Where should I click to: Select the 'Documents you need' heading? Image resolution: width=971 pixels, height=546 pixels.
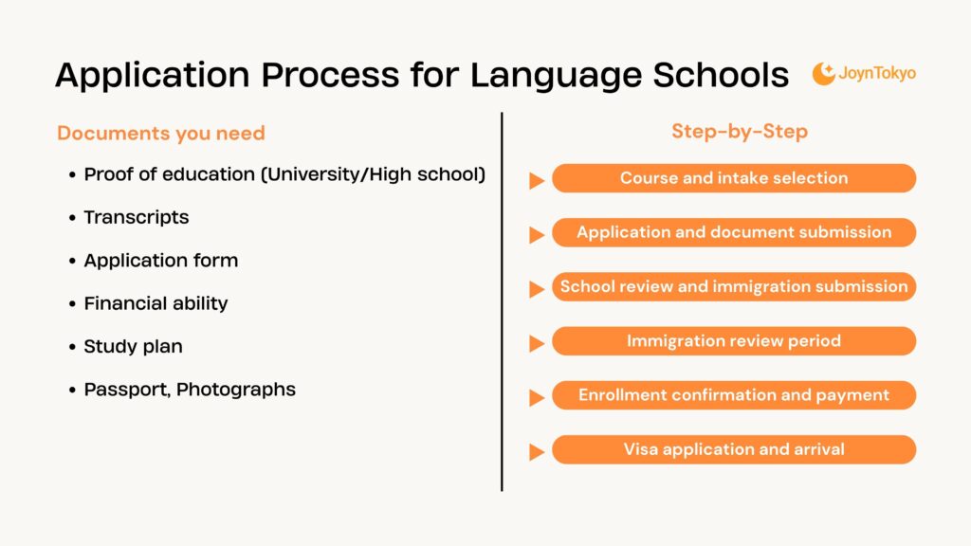tap(161, 134)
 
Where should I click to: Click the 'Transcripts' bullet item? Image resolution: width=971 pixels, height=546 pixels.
tap(136, 217)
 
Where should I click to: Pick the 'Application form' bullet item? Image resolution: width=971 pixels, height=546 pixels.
tap(160, 260)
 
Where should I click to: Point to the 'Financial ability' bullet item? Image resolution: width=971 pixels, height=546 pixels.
tap(156, 303)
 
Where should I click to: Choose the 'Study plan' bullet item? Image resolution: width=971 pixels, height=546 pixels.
tap(133, 346)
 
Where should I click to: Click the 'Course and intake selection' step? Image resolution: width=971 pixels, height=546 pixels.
tap(734, 178)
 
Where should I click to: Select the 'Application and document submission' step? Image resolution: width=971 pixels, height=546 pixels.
tap(734, 232)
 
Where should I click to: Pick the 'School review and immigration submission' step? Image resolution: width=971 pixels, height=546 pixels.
tap(734, 286)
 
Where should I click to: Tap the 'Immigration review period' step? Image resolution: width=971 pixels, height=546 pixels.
tap(734, 341)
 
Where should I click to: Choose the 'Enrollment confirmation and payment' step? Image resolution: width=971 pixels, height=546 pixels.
tap(734, 395)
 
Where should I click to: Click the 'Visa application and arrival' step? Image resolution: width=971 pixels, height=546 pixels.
tap(734, 449)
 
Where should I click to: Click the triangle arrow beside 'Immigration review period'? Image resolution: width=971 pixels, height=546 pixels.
tap(537, 343)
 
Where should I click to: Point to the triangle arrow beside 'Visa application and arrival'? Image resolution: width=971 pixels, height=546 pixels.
tap(537, 452)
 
